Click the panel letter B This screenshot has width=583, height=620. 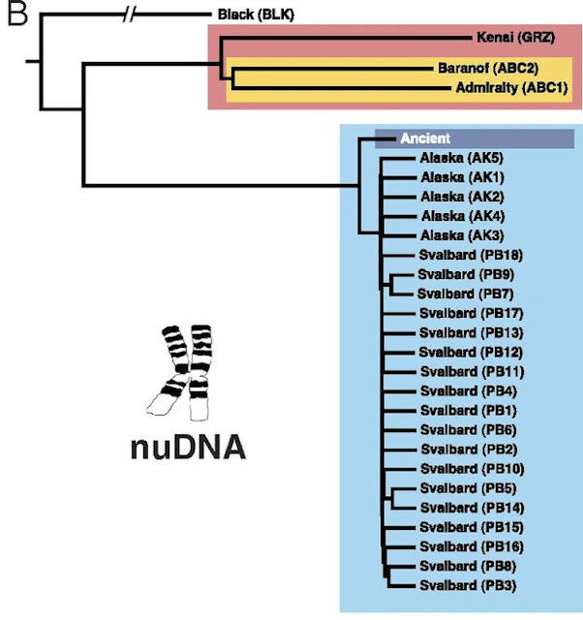point(17,14)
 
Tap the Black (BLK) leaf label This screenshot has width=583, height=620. point(256,15)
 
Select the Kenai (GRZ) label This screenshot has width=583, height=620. point(516,37)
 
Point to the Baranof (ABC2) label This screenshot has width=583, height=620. point(488,68)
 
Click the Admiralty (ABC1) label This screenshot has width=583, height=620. point(512,87)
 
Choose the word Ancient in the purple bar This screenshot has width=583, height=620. point(425,139)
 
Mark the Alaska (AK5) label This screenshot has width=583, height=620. point(462,158)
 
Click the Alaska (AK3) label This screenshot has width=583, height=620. point(463,235)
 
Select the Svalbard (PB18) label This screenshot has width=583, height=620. point(471,255)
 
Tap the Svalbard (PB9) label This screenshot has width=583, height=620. point(466,274)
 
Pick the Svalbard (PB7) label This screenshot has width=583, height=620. point(466,294)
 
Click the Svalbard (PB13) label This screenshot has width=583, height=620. point(471,333)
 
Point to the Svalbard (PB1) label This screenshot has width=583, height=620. point(469,411)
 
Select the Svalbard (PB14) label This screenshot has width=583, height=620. point(473,508)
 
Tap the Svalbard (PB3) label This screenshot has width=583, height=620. point(468,585)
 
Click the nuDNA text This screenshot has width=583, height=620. point(188,448)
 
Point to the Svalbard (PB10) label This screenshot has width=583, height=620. point(473,469)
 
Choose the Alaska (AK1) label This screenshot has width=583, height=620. point(463,177)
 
